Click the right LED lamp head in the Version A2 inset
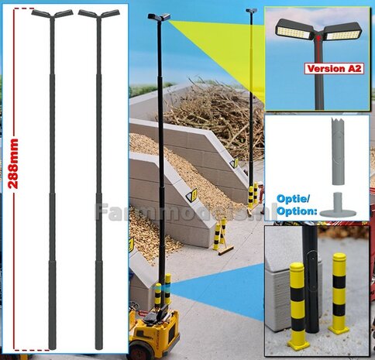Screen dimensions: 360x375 click(346, 33)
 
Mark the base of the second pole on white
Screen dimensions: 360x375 click(98, 341)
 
